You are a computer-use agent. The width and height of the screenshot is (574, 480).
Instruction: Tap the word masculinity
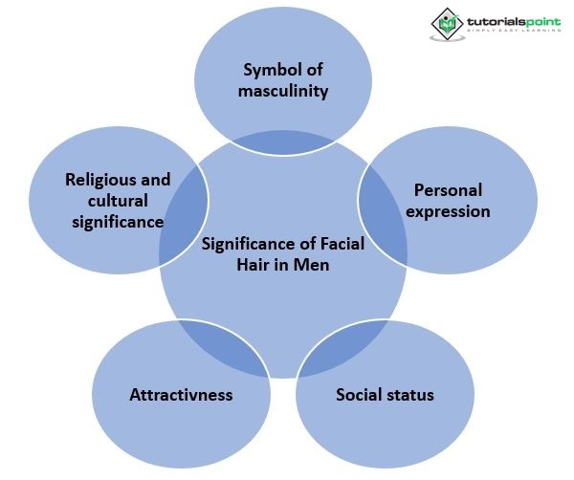pos(283,91)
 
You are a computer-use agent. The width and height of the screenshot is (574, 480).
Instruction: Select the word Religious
pos(97,181)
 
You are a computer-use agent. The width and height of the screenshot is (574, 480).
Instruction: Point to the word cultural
pos(118,201)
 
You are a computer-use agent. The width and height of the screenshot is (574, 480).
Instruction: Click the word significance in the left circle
pos(118,223)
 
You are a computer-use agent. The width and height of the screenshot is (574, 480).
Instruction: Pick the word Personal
pos(448,190)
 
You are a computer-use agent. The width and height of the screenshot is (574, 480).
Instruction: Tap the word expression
pos(448,212)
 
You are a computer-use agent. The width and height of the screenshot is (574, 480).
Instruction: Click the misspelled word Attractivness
pos(181,395)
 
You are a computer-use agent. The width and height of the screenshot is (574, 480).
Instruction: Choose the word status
pos(408,395)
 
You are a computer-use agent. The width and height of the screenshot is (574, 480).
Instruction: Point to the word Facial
pos(342,244)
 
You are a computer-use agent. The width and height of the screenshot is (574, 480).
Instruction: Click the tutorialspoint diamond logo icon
pos(447,23)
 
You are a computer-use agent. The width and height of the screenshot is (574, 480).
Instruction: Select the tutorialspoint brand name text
pos(514,22)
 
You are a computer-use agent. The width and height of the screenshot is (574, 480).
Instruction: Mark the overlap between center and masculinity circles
pos(283,143)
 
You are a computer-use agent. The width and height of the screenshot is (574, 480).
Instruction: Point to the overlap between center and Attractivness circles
pos(223,347)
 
